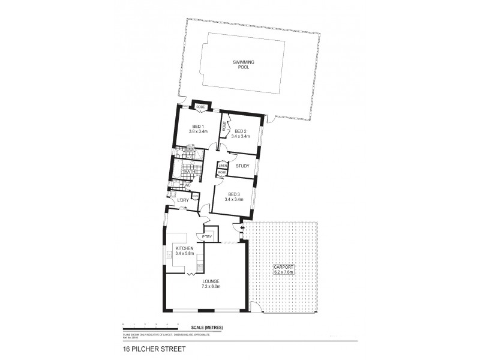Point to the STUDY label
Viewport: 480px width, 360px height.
pos(242,166)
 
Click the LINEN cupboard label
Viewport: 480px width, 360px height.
pos(222,164)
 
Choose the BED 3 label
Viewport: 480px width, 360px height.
pos(234,193)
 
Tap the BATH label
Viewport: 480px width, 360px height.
pos(190,172)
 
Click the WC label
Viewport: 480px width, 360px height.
pos(187,185)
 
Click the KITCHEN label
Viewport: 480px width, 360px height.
pos(184,248)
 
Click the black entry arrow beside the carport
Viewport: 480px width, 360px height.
pos(242,228)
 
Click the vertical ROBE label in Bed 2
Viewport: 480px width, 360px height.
pos(224,126)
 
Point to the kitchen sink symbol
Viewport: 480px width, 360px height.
pos(170,254)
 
